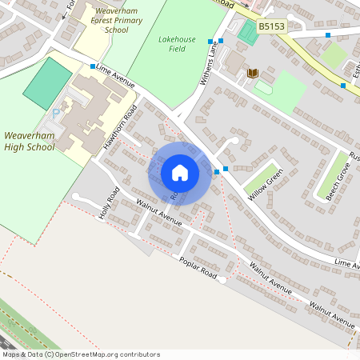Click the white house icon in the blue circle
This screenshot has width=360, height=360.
click(x=180, y=173)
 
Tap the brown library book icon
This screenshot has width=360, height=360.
click(x=253, y=74)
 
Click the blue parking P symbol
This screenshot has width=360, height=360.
click(x=56, y=113)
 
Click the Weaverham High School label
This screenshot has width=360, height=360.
click(x=30, y=141)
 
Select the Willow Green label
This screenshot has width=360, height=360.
click(x=266, y=185)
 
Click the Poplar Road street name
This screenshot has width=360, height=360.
click(x=198, y=268)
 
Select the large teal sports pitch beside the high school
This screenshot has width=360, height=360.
click(x=48, y=83)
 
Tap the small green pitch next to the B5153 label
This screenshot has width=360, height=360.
click(x=248, y=33)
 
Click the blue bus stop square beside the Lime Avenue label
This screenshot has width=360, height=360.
click(x=93, y=66)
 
